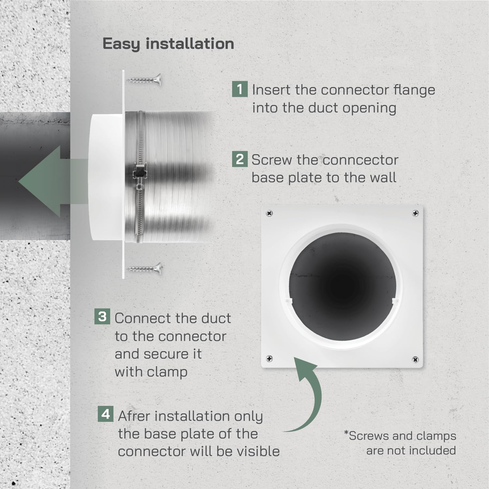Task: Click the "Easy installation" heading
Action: (x=168, y=44)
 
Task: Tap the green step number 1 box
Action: (x=240, y=89)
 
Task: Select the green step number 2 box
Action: (x=240, y=159)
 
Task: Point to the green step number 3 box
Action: (x=102, y=316)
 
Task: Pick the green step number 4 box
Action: (x=106, y=414)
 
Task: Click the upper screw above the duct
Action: (x=144, y=79)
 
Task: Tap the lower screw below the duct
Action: (x=144, y=268)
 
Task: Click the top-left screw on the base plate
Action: (x=269, y=214)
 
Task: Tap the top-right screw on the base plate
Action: (x=415, y=213)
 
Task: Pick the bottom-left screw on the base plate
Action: (x=269, y=359)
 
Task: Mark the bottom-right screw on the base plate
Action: (x=415, y=360)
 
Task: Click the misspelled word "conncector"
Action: (x=361, y=160)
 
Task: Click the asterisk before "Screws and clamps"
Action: (x=346, y=433)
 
